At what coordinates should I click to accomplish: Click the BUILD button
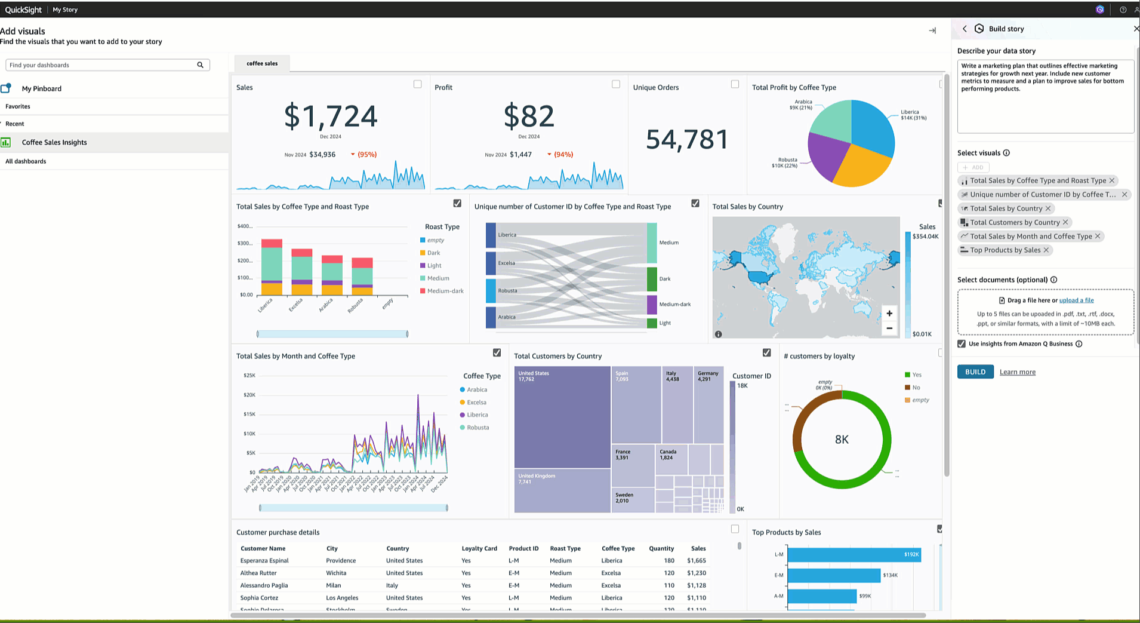click(x=975, y=372)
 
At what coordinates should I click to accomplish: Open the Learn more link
click(x=1017, y=372)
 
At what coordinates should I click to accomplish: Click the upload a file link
click(x=1076, y=300)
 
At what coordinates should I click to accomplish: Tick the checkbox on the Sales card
click(x=417, y=84)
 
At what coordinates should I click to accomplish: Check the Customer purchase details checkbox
click(x=735, y=529)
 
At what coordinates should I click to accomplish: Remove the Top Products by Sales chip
click(x=1046, y=250)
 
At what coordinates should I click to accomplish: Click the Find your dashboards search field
click(x=101, y=65)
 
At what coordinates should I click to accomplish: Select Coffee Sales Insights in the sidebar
click(x=54, y=142)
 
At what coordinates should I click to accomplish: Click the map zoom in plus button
click(x=889, y=314)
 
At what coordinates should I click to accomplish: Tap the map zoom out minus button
click(x=889, y=328)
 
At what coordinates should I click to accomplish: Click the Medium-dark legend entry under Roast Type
click(x=445, y=291)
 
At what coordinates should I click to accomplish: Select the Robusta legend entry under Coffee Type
click(x=477, y=428)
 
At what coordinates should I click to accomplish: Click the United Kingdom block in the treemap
click(x=562, y=490)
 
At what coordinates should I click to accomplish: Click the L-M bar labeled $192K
click(x=854, y=554)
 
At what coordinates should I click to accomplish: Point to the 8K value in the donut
click(x=842, y=440)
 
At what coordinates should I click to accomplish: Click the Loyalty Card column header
click(x=479, y=548)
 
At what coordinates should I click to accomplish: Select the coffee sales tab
click(x=262, y=63)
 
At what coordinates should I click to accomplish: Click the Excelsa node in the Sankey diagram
click(x=491, y=263)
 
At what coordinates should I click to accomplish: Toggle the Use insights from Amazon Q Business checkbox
click(x=962, y=344)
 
